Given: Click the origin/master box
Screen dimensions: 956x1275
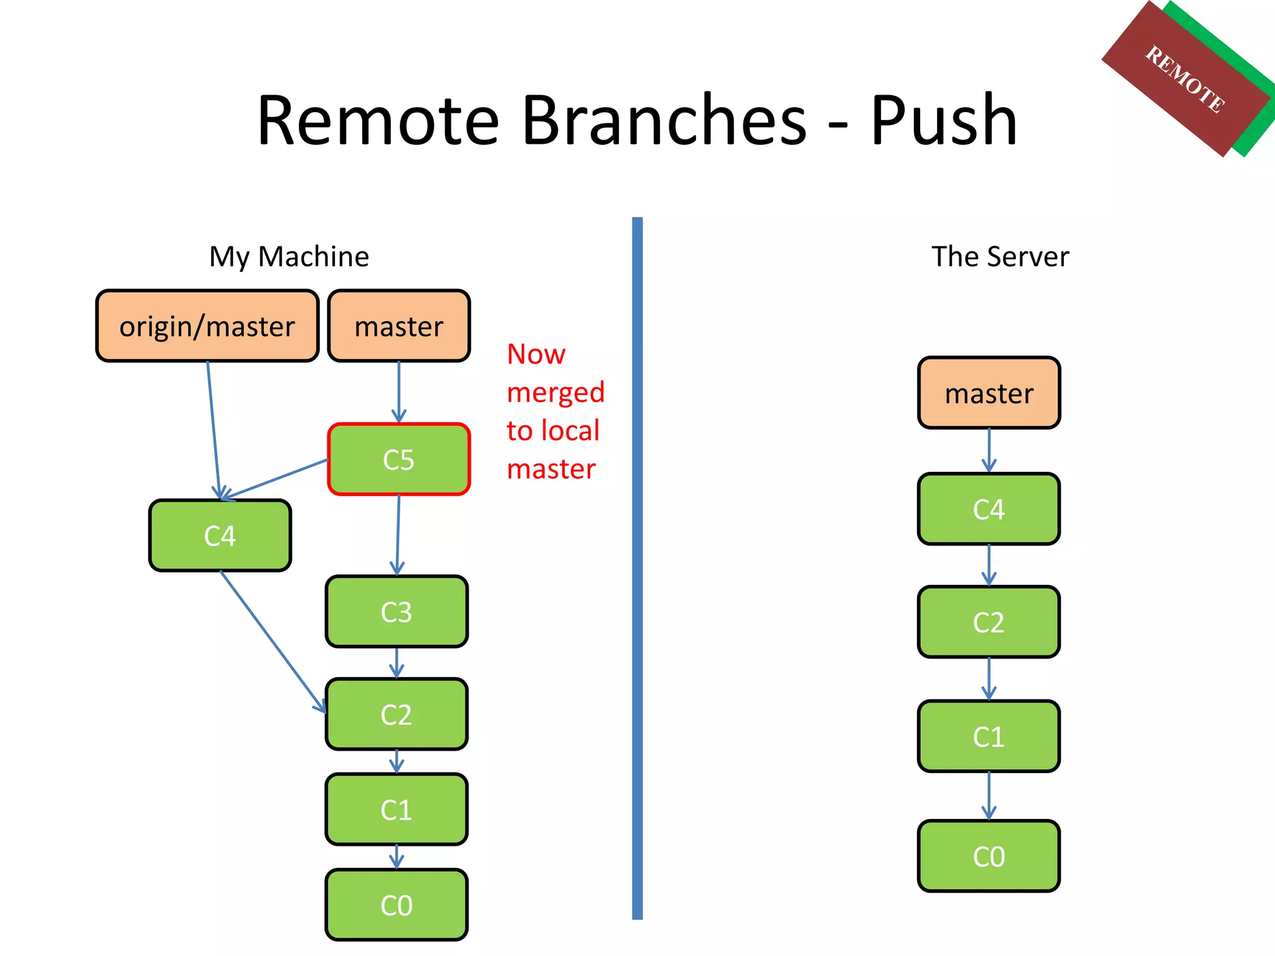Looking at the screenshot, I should pyautogui.click(x=207, y=326).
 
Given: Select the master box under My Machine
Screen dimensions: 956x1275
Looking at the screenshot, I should pyautogui.click(x=398, y=326).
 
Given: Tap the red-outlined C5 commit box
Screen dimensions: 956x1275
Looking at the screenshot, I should pyautogui.click(x=398, y=459).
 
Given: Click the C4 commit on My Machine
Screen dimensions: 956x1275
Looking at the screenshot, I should pyautogui.click(x=220, y=535).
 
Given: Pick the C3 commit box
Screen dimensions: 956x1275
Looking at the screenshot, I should pyautogui.click(x=397, y=612).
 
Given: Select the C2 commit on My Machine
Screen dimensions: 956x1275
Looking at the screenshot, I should pyautogui.click(x=397, y=714).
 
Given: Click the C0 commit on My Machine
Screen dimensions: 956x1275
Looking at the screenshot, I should pyautogui.click(x=397, y=904).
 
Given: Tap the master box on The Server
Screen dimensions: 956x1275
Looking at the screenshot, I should pyautogui.click(x=989, y=393).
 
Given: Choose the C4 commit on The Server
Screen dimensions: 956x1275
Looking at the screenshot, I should pyautogui.click(x=989, y=508).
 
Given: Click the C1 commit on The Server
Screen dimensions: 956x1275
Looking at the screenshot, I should pyautogui.click(x=989, y=736).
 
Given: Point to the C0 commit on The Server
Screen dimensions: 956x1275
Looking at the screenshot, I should pyautogui.click(x=989, y=856).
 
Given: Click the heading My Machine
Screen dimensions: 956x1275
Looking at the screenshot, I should pyautogui.click(x=289, y=256).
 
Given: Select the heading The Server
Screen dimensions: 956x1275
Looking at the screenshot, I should pyautogui.click(x=1000, y=256).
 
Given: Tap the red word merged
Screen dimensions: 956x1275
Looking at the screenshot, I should pyautogui.click(x=555, y=393).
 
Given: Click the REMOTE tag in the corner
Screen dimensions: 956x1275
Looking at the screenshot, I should pyautogui.click(x=1185, y=79).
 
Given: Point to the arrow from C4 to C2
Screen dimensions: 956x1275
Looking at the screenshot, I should pyautogui.click(x=273, y=641).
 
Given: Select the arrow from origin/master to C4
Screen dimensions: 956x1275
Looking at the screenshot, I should pyautogui.click(x=214, y=429).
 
